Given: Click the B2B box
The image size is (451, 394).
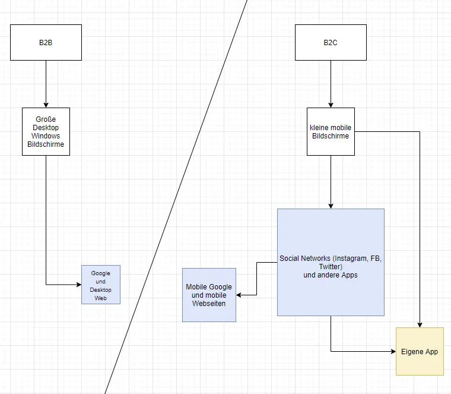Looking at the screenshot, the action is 46,42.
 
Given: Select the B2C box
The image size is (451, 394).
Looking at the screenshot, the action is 331,42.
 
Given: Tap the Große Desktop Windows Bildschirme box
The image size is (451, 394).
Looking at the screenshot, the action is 46,131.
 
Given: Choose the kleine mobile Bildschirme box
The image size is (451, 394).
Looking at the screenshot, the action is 331,131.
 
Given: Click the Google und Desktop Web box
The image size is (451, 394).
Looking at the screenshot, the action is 101,285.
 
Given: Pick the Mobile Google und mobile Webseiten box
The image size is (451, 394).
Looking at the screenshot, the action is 209,295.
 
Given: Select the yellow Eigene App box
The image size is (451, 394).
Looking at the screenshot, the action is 420,351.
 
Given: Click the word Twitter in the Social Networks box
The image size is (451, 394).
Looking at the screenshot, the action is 330,267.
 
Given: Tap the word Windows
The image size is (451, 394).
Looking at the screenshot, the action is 46,136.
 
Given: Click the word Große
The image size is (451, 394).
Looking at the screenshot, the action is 46,119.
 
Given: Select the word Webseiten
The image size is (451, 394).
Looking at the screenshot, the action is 209,304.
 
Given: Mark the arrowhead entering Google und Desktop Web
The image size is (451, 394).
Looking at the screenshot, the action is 79,285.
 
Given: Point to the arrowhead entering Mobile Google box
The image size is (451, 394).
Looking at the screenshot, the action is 239,295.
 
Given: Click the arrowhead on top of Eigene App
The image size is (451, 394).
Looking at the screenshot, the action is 420,325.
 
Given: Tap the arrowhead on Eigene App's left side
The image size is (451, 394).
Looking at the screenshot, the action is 393,351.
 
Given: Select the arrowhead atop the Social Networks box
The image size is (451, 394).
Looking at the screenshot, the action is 331,206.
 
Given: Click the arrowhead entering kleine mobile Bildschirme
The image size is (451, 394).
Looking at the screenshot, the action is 331,105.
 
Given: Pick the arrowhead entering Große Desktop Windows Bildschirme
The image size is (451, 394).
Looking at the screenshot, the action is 46,105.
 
